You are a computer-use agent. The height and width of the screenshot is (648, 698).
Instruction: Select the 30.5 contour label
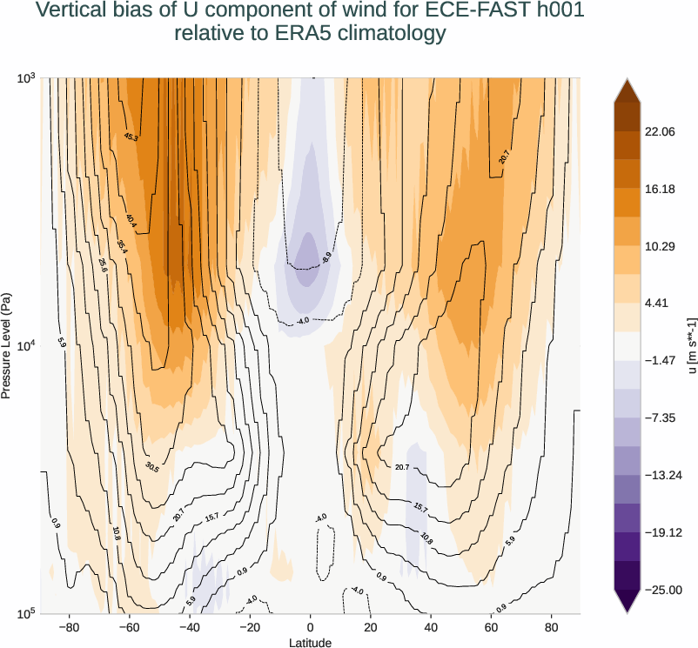tap(152, 468)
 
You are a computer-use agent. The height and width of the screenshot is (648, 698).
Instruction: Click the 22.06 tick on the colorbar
tap(660, 131)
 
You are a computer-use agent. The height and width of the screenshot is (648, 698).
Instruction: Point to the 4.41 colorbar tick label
tap(656, 304)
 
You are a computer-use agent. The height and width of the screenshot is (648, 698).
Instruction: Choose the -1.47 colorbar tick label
tap(659, 360)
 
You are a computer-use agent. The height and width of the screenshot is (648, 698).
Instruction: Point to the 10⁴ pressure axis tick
tap(26, 346)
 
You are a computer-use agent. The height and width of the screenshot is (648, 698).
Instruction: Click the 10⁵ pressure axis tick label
tap(26, 614)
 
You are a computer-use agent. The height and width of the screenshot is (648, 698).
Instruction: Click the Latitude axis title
tap(310, 642)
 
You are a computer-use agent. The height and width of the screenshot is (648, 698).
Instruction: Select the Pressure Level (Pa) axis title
tap(8, 346)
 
